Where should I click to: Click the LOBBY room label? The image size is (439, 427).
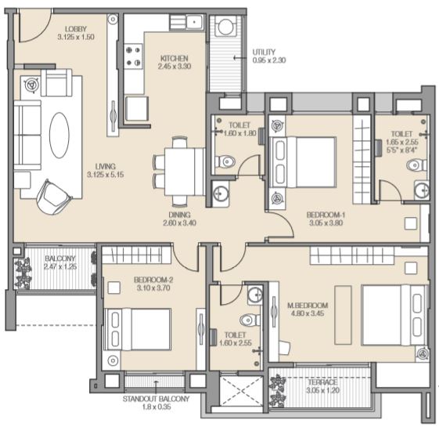(x=76, y=29)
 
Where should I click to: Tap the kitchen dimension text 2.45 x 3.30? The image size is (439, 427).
(x=175, y=67)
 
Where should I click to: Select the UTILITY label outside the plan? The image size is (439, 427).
(x=264, y=52)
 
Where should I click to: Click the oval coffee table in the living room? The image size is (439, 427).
(x=59, y=135)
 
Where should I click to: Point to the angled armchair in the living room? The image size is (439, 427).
(x=53, y=197)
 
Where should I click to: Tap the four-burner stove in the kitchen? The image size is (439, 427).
(x=133, y=56)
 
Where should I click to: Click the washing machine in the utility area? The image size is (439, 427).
(x=226, y=27)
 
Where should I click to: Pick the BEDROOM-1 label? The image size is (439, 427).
(x=326, y=215)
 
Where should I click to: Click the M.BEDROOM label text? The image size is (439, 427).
(x=308, y=306)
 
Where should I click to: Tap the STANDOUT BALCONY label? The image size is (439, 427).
(x=156, y=399)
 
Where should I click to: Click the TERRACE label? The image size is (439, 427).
(x=322, y=382)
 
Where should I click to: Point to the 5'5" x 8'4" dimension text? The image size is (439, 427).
(x=401, y=150)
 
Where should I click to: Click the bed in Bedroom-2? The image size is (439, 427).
(x=137, y=329)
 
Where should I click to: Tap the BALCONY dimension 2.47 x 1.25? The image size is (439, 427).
(x=60, y=266)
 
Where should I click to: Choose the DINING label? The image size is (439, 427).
(x=179, y=215)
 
